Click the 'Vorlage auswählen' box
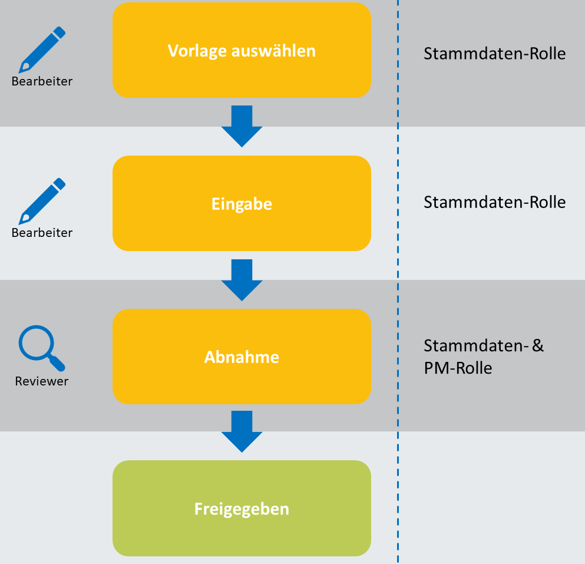tap(242, 50)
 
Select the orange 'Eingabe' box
tap(242, 204)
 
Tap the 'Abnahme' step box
tap(242, 357)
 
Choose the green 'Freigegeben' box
tap(242, 508)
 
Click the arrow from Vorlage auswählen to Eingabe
tap(242, 126)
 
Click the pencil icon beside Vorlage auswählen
tap(42, 50)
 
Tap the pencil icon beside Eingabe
tap(42, 201)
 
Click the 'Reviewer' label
tap(42, 381)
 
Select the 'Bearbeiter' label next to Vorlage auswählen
tap(42, 81)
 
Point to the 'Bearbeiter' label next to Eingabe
tap(42, 233)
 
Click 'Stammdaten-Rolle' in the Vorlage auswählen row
tap(494, 54)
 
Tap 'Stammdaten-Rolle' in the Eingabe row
tap(494, 203)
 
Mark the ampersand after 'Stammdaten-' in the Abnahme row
tap(537, 345)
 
